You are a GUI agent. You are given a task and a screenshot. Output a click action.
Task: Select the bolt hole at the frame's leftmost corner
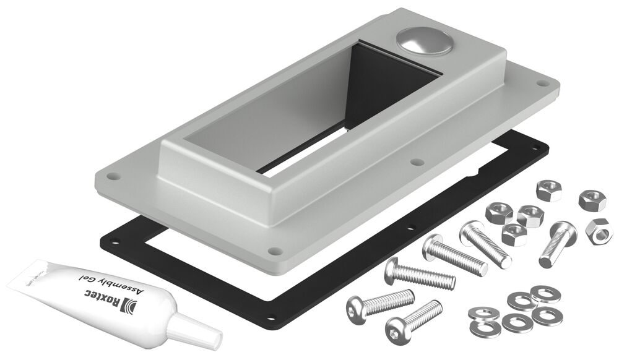tap(112, 176)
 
